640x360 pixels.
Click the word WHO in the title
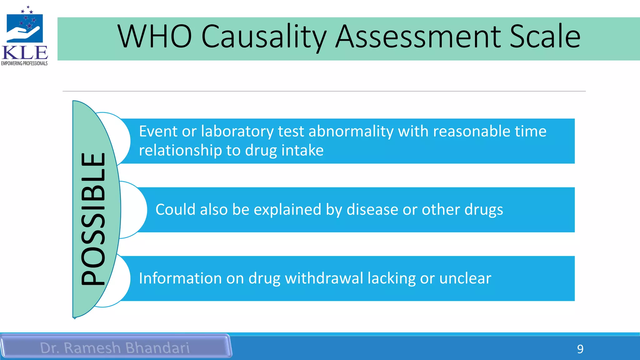click(x=154, y=37)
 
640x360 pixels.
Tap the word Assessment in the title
click(x=418, y=37)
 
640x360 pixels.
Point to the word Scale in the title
click(x=545, y=37)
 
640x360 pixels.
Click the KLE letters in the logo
click(x=25, y=53)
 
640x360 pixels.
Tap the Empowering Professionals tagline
click(x=24, y=63)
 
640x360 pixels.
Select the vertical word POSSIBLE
click(x=93, y=219)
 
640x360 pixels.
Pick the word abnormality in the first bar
click(x=351, y=131)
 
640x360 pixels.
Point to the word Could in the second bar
click(x=175, y=209)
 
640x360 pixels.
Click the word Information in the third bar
click(x=180, y=278)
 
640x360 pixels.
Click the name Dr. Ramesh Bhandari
click(x=115, y=348)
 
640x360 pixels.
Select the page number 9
click(x=580, y=349)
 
